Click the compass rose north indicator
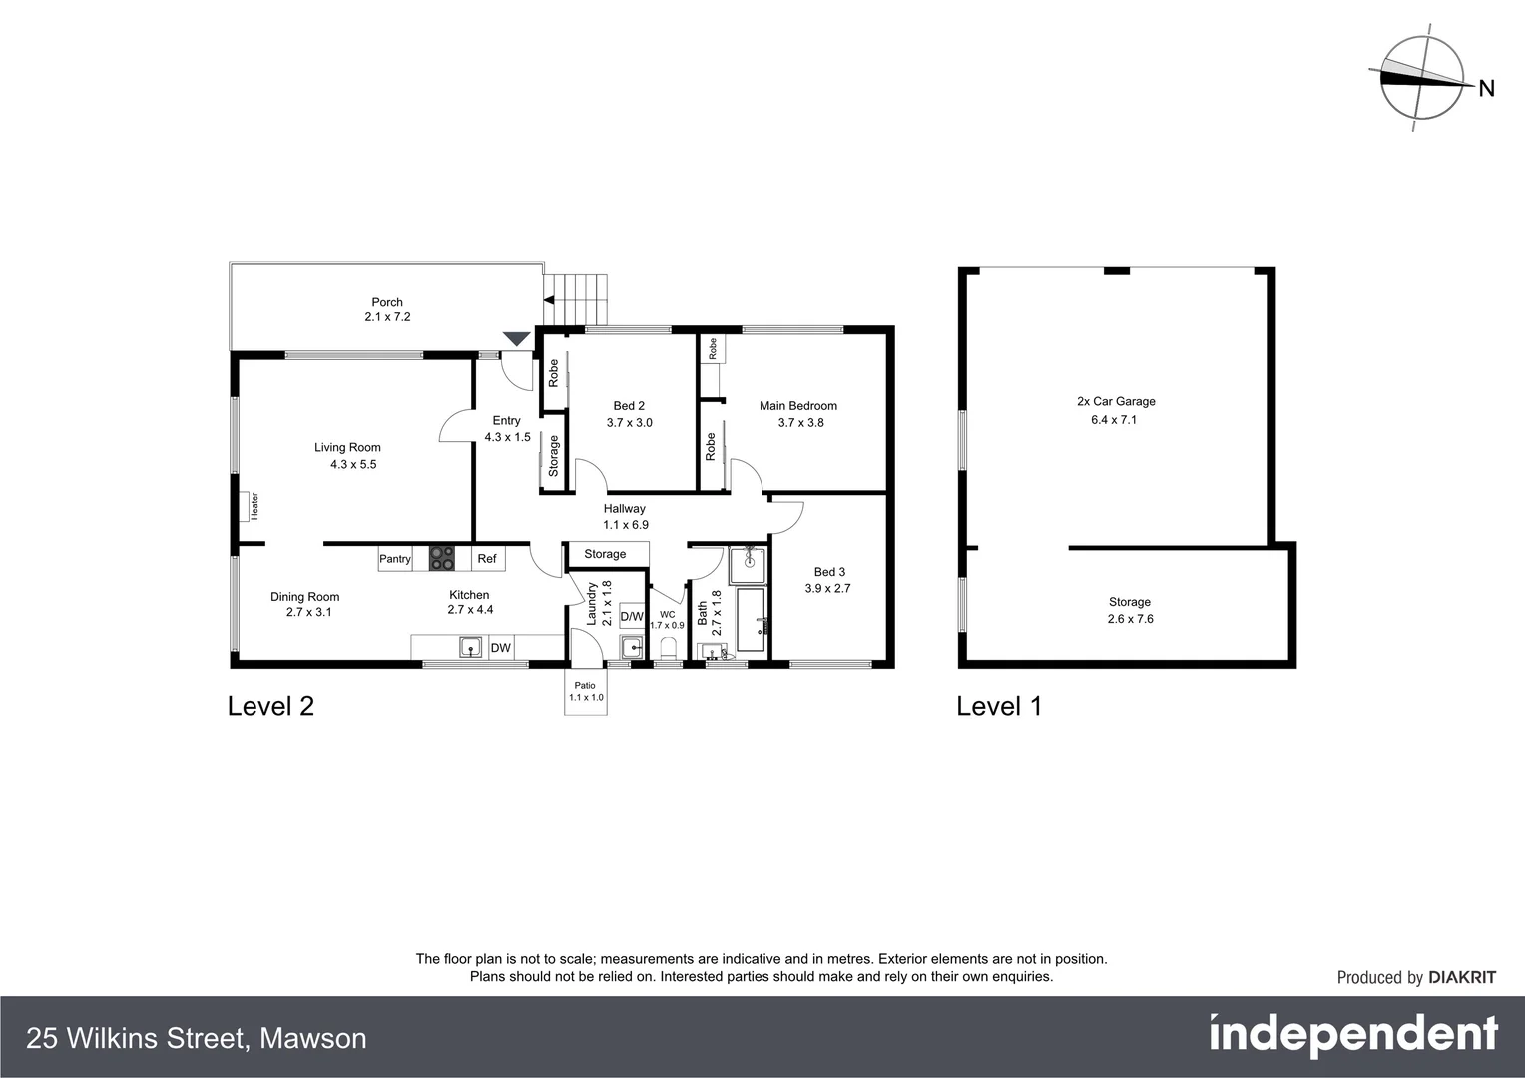[1421, 79]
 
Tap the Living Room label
[347, 448]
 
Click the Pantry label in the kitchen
[395, 559]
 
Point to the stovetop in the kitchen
[441, 559]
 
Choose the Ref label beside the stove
[487, 559]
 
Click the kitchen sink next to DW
[470, 648]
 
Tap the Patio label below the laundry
[585, 686]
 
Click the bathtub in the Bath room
[751, 620]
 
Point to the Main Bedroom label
[798, 406]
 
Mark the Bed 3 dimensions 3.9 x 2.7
[828, 589]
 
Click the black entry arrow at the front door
[515, 339]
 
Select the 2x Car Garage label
[1116, 402]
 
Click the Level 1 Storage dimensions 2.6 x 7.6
[1130, 619]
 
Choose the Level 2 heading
[270, 706]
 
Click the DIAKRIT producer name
[1462, 978]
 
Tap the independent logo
[1353, 1036]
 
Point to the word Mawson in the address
[313, 1039]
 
